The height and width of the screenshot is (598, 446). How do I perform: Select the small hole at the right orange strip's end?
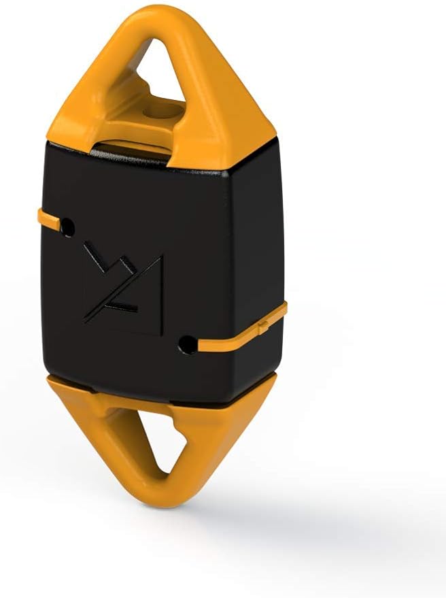click(184, 344)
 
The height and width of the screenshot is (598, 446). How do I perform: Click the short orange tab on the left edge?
click(48, 218)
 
